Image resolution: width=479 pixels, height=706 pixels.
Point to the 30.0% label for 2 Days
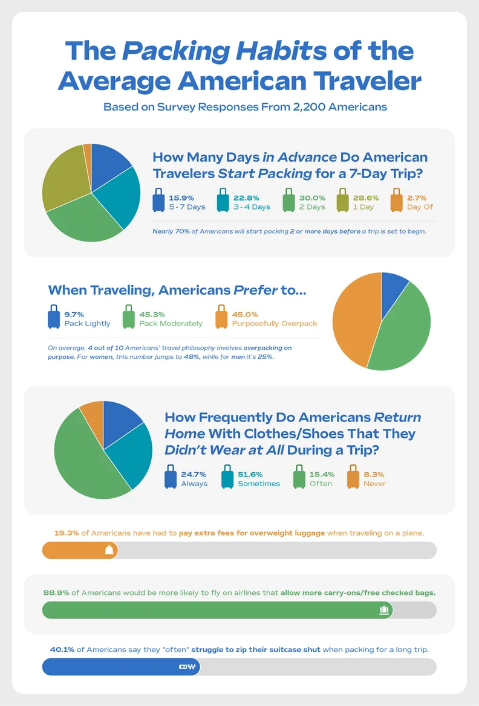312,197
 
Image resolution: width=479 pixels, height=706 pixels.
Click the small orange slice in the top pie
88,151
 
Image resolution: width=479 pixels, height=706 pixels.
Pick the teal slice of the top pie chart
121,196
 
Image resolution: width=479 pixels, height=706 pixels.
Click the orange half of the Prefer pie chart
354,320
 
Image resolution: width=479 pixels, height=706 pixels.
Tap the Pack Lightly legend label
87,324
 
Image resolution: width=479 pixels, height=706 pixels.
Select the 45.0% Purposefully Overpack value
244,314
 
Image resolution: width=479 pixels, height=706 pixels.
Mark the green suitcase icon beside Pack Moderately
128,318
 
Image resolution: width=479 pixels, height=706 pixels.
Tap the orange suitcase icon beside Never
353,477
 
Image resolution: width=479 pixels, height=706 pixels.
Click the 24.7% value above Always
194,474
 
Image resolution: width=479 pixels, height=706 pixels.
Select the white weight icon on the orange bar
109,550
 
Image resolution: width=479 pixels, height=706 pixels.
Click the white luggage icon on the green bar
383,610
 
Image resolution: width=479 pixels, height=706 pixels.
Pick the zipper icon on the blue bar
187,667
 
